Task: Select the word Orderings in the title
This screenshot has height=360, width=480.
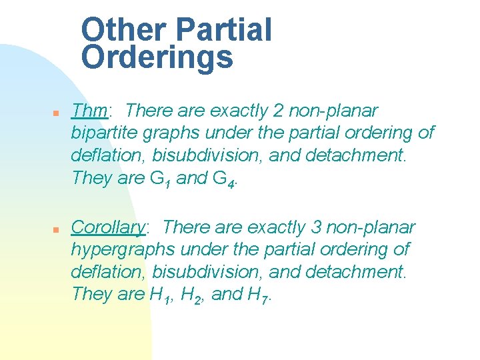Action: [157, 58]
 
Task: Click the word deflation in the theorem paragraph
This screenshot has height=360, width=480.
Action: [108, 155]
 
